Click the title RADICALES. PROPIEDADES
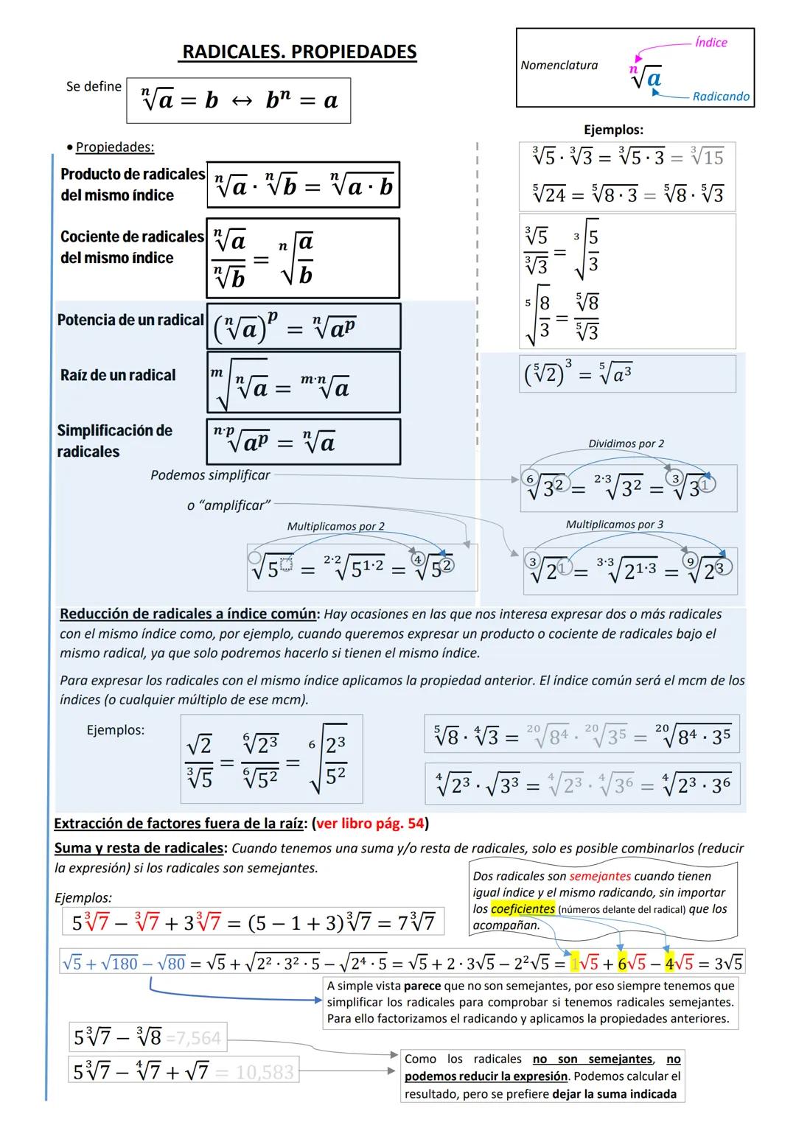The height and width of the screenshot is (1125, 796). [x=298, y=52]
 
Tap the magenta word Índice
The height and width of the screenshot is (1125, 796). [x=711, y=43]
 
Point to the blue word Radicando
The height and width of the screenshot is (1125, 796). [x=720, y=97]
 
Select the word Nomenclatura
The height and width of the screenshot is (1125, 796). [x=559, y=66]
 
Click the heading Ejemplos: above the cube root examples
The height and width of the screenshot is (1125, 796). [x=613, y=130]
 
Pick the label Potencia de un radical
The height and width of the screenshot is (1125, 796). [x=130, y=320]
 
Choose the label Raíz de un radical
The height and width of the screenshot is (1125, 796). [x=118, y=375]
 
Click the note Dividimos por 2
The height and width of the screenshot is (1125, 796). [x=626, y=444]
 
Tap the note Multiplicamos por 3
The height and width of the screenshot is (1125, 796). [x=614, y=525]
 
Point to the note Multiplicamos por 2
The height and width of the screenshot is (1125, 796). [x=335, y=527]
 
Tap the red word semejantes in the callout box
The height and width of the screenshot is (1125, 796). [x=600, y=877]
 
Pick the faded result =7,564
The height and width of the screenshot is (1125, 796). [x=193, y=1038]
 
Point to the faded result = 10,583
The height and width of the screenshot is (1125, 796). [x=254, y=1072]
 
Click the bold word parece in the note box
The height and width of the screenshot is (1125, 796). [x=422, y=986]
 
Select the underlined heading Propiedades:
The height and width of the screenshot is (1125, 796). [x=115, y=147]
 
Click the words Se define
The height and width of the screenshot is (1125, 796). [x=94, y=87]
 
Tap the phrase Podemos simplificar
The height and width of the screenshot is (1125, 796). [x=210, y=476]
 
